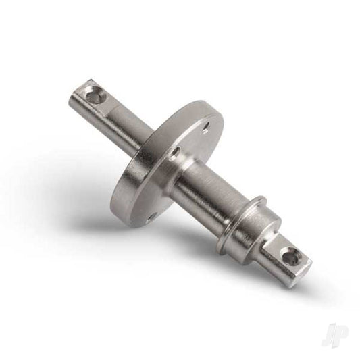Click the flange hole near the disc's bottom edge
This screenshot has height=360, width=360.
click(151, 214)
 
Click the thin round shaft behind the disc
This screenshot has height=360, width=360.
click(128, 122)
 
